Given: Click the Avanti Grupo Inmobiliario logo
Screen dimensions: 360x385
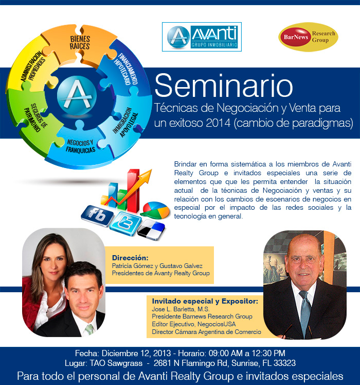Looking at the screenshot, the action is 202,37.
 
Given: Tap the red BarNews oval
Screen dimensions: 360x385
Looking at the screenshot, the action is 296,37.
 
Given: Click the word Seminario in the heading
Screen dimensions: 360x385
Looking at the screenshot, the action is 224,86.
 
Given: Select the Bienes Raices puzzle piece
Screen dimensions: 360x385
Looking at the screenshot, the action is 80,45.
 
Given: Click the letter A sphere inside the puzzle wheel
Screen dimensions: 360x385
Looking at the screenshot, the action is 77,95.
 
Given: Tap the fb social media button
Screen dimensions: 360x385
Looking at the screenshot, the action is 97,216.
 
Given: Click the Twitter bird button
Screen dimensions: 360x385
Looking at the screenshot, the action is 125,224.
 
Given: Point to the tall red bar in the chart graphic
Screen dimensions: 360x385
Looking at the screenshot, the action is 133,191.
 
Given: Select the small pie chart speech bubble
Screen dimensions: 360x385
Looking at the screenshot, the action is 155,210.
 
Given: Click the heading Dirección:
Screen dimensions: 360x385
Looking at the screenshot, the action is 130,258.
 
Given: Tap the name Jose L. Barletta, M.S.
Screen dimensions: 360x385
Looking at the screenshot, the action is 181,309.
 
